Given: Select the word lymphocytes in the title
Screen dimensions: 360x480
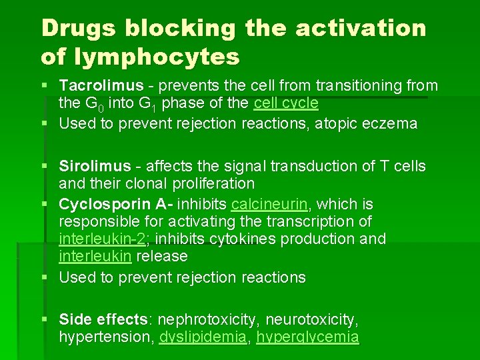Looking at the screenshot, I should click(158, 57).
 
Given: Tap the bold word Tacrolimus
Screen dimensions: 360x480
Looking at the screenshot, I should click(101, 85).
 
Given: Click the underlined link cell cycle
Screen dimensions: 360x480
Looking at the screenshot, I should click(286, 103).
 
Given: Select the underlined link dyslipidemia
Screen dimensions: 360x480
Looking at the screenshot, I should click(203, 337).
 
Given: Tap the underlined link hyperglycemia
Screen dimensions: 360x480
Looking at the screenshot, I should click(307, 337).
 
